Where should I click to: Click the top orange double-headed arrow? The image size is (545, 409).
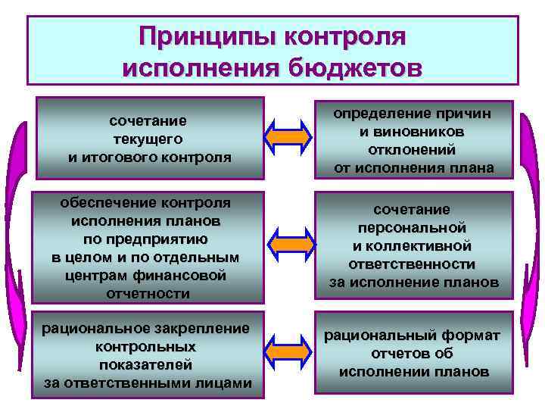tap(289, 137)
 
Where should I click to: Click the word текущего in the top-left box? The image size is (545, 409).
tap(148, 139)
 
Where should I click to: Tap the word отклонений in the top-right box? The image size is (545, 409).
tap(413, 149)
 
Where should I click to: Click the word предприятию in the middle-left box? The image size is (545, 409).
tap(149, 239)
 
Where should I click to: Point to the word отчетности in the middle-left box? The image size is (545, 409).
tap(149, 293)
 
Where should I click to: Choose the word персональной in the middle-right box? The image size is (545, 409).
tap(413, 227)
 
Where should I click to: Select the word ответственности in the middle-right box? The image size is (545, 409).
tap(413, 264)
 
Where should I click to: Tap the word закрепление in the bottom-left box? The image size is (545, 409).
tap(201, 328)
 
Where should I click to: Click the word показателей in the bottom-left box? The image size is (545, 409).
tap(149, 364)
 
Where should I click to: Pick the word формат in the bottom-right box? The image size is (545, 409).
tap(471, 336)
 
